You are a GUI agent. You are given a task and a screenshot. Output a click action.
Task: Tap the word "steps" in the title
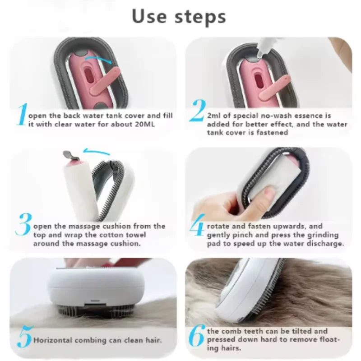200,18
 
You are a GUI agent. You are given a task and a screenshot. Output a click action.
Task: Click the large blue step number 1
22,115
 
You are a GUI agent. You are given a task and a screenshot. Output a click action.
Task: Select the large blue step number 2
198,111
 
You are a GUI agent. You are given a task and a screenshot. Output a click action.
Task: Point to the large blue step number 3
23,224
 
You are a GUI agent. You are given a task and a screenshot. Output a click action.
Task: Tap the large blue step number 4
197,225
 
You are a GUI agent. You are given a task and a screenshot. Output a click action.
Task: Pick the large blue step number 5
24,337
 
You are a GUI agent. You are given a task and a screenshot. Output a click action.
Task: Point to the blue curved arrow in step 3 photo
97,152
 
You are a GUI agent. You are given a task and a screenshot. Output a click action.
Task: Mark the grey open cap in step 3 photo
70,155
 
